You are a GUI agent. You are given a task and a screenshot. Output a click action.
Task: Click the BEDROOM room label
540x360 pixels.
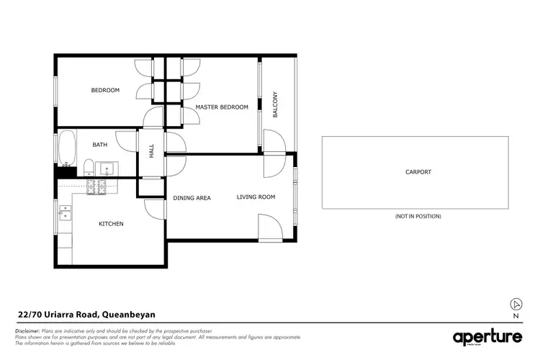[x=105, y=90]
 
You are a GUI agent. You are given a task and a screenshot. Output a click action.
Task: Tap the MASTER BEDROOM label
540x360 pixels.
[x=222, y=107]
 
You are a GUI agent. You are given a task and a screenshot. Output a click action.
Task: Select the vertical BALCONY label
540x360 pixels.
[x=275, y=104]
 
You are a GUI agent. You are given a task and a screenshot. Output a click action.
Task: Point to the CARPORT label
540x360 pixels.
[x=418, y=172]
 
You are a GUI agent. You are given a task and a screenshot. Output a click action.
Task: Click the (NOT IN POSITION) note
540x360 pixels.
[x=418, y=216]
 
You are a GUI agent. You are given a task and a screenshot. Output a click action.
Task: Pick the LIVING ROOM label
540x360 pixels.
[x=256, y=197]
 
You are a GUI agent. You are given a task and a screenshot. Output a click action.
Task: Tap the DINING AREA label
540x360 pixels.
[x=192, y=197]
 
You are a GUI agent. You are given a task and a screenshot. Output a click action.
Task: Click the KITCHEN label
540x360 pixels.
[x=111, y=224]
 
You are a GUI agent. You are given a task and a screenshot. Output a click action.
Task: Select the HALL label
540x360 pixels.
[x=151, y=151]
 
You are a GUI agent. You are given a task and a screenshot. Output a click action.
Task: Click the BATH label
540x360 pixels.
[x=99, y=145]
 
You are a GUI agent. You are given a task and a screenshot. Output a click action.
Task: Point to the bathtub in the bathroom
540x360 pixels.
[x=66, y=148]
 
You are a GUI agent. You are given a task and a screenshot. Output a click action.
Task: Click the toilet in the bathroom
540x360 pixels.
[x=86, y=169]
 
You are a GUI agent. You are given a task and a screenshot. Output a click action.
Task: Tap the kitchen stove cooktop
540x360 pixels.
[x=96, y=187]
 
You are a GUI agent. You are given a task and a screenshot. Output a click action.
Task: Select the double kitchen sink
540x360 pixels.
[x=64, y=212]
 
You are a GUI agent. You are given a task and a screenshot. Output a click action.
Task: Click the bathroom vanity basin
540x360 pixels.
[x=105, y=170]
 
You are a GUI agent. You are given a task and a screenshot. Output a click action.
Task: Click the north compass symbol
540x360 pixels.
[x=515, y=304]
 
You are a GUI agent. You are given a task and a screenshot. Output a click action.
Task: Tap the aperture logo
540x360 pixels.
[x=487, y=337]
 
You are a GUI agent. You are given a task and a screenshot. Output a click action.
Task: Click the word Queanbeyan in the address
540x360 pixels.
[x=128, y=314]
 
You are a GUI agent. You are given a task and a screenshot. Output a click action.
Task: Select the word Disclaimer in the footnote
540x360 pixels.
[x=28, y=330]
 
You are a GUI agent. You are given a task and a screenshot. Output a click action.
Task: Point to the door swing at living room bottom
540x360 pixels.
[x=271, y=230]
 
